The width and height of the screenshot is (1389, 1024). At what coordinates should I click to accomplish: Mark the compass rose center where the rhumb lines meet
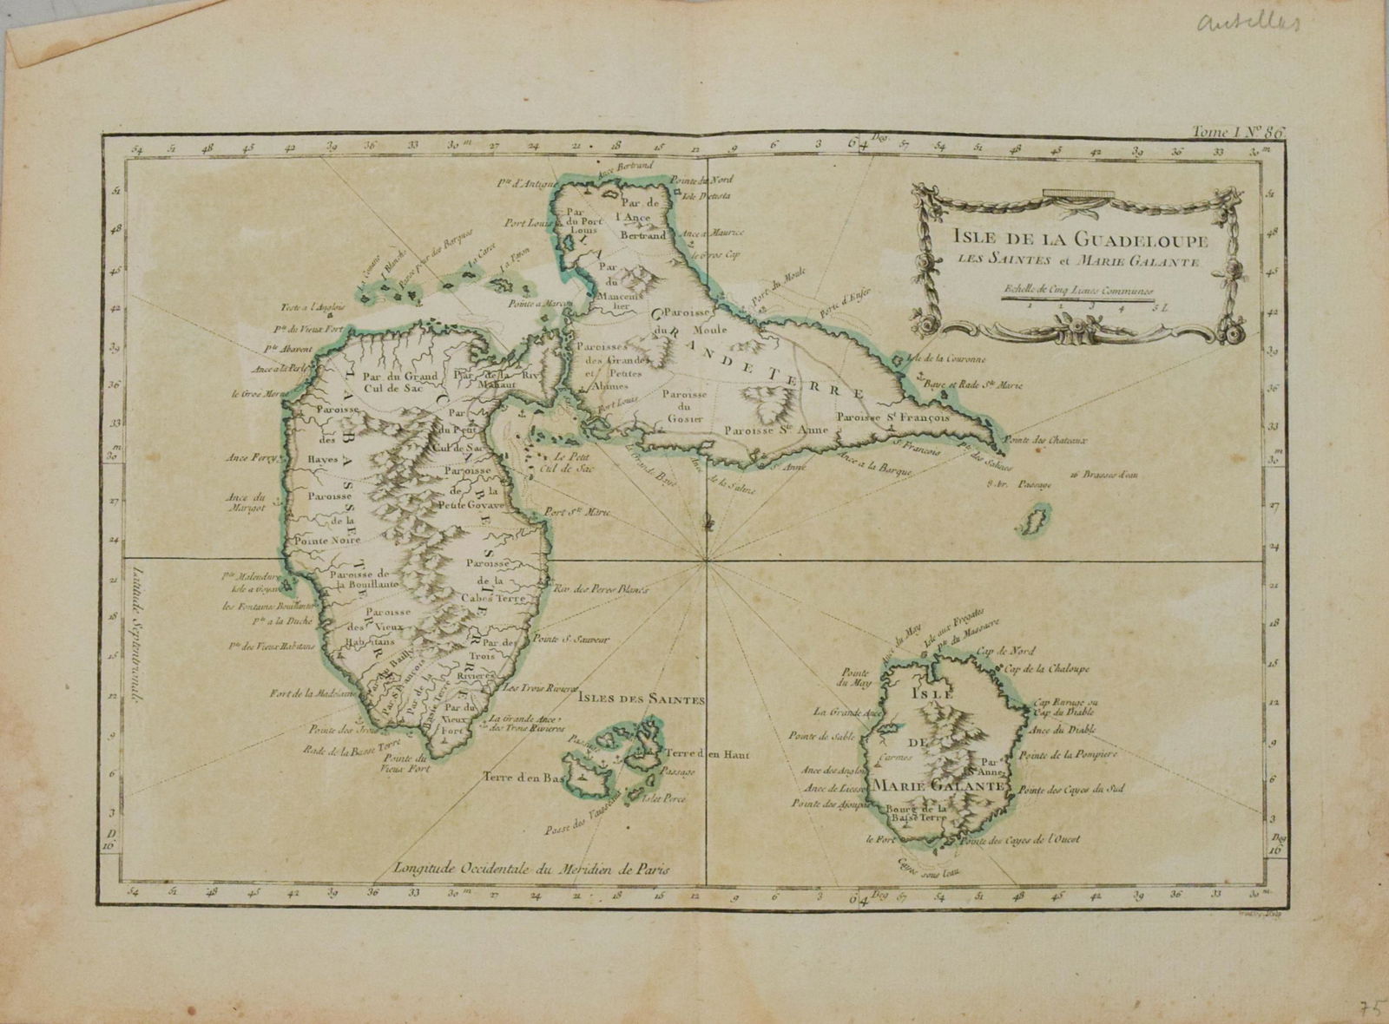708,559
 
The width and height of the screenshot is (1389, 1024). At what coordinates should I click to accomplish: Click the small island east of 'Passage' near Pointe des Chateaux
1033,525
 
